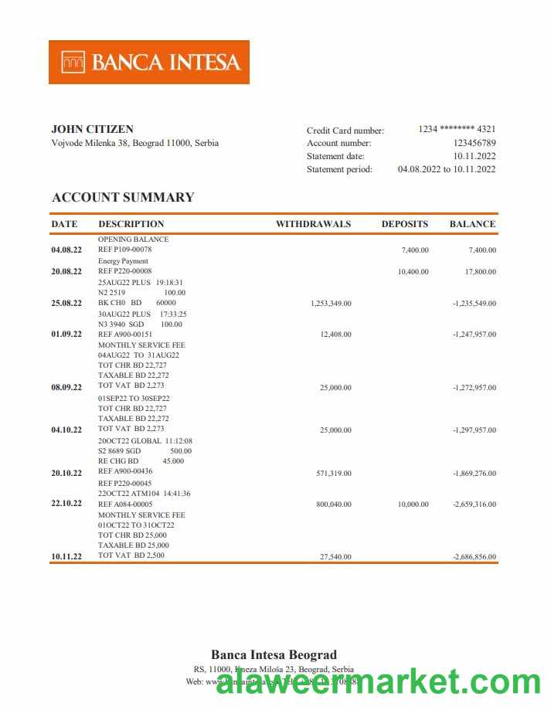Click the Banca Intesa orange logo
click(x=149, y=62)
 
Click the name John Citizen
click(x=92, y=129)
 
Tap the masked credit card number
click(x=457, y=129)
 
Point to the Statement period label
click(x=339, y=169)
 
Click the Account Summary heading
click(x=123, y=197)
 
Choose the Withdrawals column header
click(x=313, y=224)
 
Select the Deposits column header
click(x=404, y=224)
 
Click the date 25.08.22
click(x=66, y=304)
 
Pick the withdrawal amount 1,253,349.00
click(x=331, y=304)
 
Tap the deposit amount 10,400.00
click(x=413, y=272)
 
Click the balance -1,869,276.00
click(x=474, y=474)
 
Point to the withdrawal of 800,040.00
click(x=334, y=504)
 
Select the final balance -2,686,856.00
click(x=474, y=556)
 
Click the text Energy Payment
click(x=122, y=261)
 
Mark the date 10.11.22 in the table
click(x=66, y=556)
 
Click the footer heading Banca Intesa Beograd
click(x=274, y=654)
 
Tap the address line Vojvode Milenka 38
click(x=134, y=143)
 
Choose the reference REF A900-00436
click(x=125, y=471)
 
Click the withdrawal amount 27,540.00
click(x=335, y=556)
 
